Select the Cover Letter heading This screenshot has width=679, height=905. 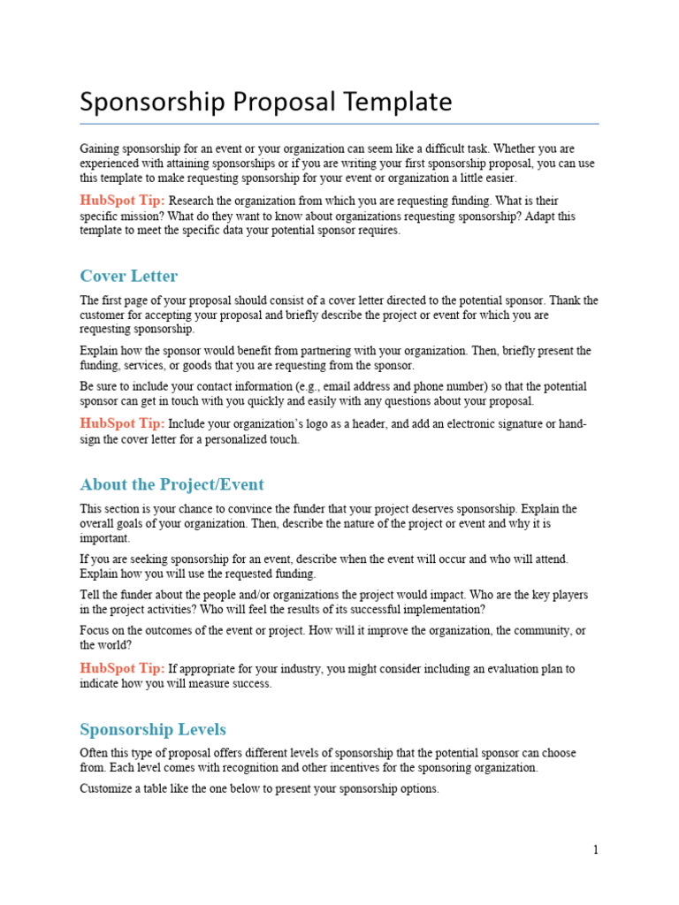(x=128, y=276)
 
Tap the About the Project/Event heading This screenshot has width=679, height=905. (x=172, y=484)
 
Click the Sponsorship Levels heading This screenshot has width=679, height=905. (x=152, y=729)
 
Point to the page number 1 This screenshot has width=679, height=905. (x=596, y=850)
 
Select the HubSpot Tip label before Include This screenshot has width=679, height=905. (x=122, y=423)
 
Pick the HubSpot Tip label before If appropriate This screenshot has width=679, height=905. (x=122, y=668)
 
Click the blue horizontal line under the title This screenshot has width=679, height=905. (x=339, y=124)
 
